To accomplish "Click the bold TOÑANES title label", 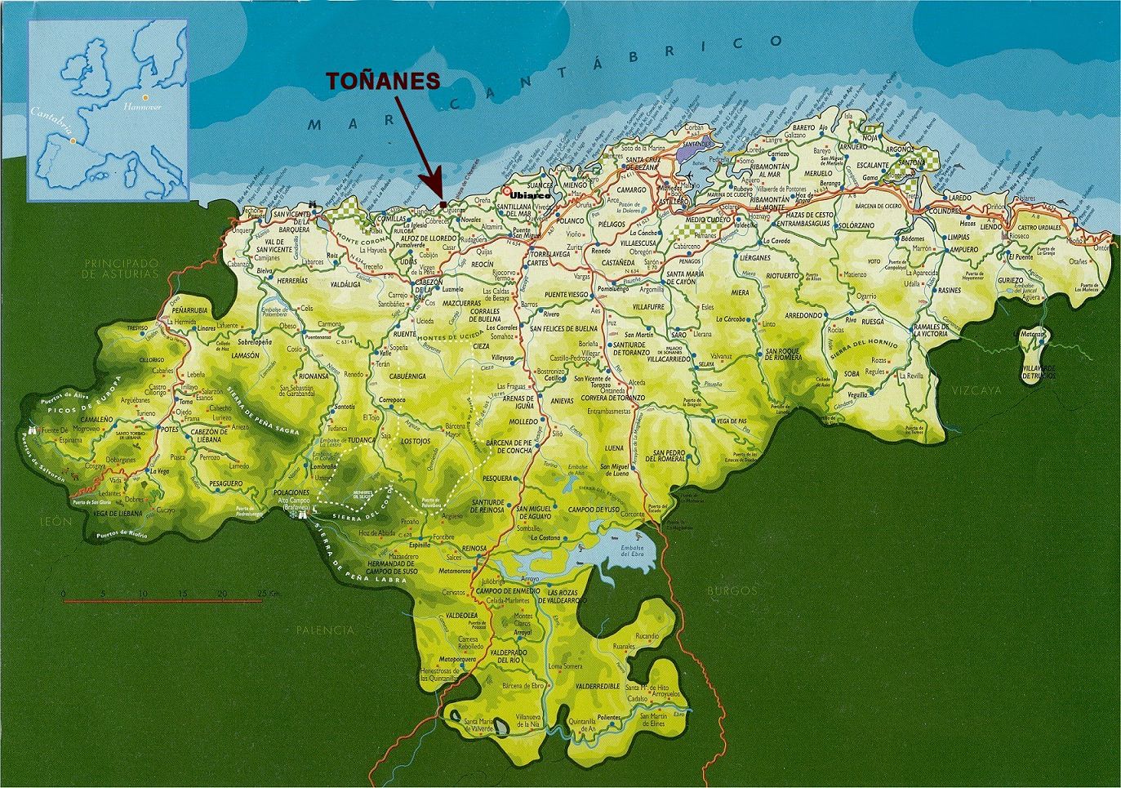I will [384, 81].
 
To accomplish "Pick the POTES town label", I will [169, 429].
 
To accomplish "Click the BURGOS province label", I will [725, 590].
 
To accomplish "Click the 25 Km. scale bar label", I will [267, 593].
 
